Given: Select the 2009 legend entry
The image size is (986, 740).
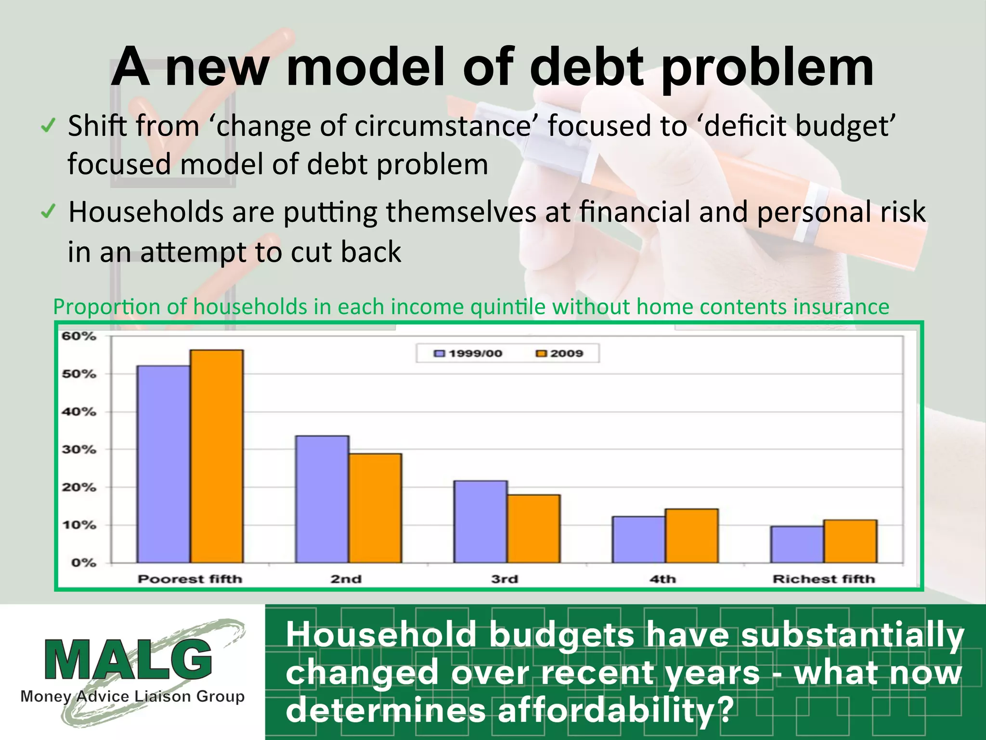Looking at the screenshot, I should (x=560, y=354).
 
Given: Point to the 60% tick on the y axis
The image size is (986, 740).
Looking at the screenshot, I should (x=79, y=336).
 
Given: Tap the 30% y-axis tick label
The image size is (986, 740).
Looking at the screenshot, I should (x=79, y=449).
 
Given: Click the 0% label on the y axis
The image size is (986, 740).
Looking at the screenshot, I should (x=83, y=563).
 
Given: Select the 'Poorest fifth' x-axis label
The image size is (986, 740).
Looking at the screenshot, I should (x=190, y=579).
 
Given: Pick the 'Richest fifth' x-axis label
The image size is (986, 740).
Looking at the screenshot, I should (x=823, y=579).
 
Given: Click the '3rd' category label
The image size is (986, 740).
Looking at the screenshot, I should (x=505, y=579).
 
